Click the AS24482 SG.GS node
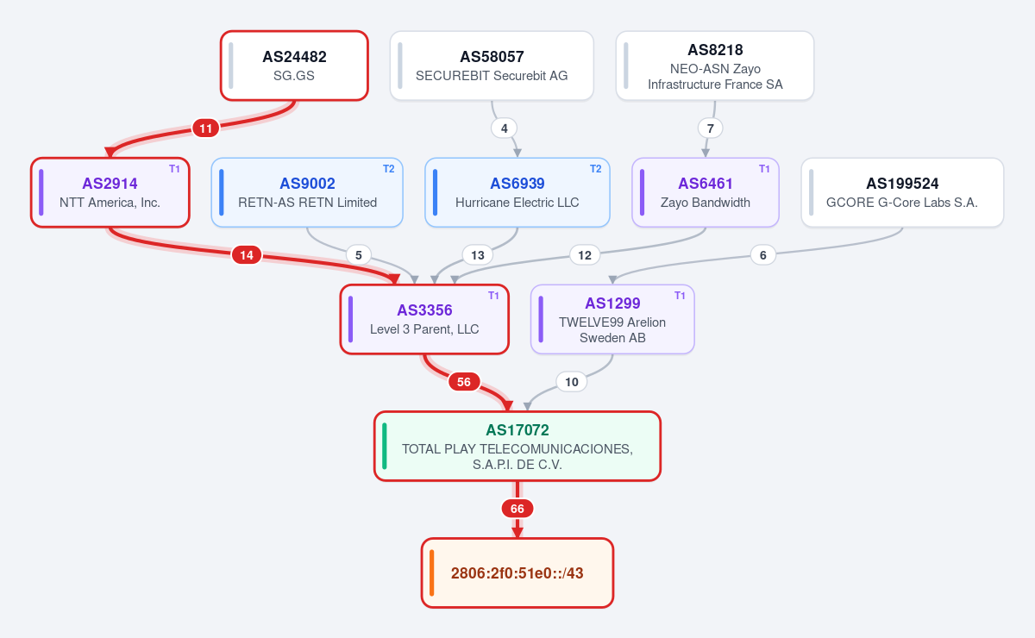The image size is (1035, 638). click(294, 66)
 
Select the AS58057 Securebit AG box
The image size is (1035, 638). click(492, 66)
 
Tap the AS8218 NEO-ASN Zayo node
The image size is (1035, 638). click(715, 66)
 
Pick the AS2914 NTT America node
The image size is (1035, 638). click(110, 192)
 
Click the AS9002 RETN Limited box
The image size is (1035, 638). click(307, 192)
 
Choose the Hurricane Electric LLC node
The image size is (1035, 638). click(517, 192)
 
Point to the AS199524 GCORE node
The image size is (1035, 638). click(902, 192)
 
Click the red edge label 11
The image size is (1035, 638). click(205, 128)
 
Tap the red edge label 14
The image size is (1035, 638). click(247, 255)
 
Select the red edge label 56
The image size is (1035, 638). click(464, 382)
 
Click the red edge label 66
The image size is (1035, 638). click(517, 509)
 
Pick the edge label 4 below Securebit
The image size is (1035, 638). click(504, 128)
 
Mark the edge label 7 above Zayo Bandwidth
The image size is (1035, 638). click(710, 128)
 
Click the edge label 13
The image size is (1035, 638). click(477, 255)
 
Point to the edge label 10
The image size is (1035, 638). click(572, 382)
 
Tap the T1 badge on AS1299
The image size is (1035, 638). click(680, 296)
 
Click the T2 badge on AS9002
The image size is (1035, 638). click(389, 169)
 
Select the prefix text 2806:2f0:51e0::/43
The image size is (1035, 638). click(517, 572)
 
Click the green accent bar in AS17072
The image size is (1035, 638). click(385, 446)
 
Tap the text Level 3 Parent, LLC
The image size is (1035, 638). click(424, 329)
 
